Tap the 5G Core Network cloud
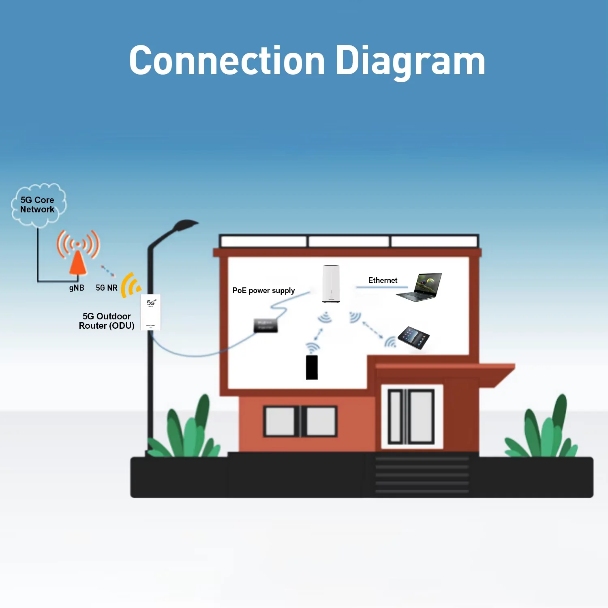coord(38,205)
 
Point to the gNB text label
coord(77,288)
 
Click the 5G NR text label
coord(107,288)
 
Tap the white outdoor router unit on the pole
coord(150,313)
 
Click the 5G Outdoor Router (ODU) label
coord(107,321)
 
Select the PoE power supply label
coord(263,291)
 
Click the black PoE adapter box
coord(265,325)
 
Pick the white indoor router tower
coord(331,283)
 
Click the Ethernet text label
coord(383,280)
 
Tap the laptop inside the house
coord(420,287)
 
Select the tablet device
coord(413,338)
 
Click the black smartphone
coord(312,367)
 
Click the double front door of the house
coord(411,416)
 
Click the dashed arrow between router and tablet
coord(373,330)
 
